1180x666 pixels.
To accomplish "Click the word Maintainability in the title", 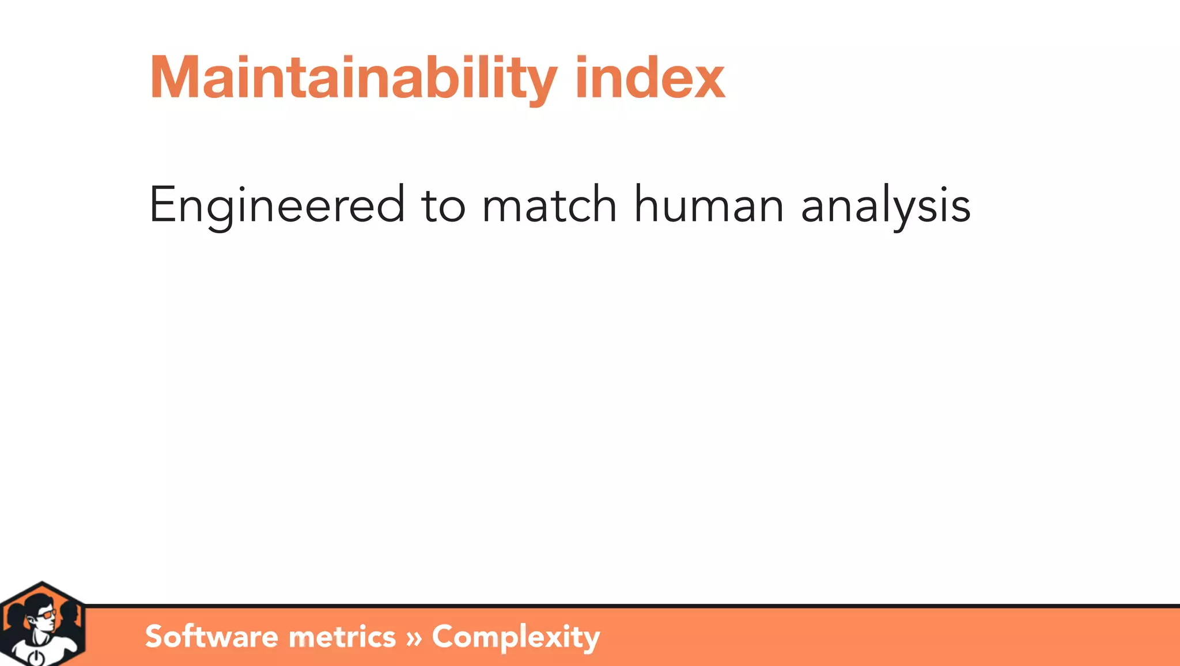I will coord(353,78).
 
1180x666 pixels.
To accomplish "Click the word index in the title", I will coord(650,78).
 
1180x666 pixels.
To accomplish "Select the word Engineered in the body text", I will coord(277,205).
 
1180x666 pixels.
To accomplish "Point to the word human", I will coord(709,205).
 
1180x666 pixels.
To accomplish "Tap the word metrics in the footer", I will coord(342,637).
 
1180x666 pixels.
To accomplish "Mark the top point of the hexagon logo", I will coord(42,583).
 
